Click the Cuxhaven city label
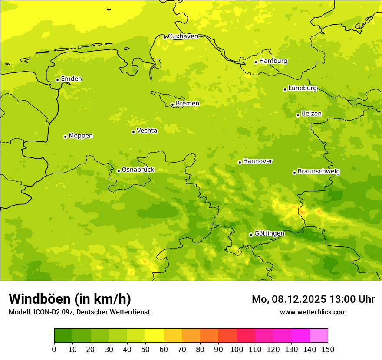tap(183, 36)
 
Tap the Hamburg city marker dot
tap(256, 62)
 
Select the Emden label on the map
tap(71, 79)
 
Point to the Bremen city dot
tap(172, 105)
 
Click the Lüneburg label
tap(303, 88)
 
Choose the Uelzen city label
tap(311, 114)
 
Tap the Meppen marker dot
tap(65, 137)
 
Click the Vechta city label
tap(147, 131)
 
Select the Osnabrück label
tap(138, 170)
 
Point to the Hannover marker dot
tap(240, 162)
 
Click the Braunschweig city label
tap(319, 171)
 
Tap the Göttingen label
tap(269, 233)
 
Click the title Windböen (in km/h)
tap(69, 299)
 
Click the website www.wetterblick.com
tap(313, 312)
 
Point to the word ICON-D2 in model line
tap(47, 312)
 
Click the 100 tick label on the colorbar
tap(237, 350)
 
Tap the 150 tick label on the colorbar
tap(328, 350)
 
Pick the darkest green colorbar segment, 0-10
tap(63, 335)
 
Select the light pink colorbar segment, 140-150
tap(319, 335)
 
